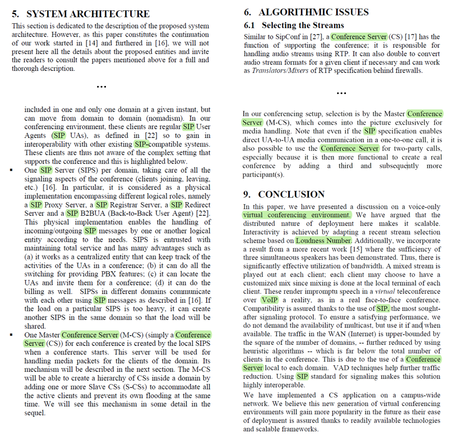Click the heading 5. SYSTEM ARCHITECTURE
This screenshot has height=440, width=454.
pos(81,14)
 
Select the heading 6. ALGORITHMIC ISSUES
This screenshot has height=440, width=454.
pos(306,12)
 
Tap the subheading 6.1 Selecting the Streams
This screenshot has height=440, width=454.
pos(293,25)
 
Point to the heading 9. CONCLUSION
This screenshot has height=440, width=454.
pos(284,195)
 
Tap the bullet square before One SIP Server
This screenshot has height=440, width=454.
pos(12,170)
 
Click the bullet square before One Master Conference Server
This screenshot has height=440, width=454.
pos(12,335)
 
